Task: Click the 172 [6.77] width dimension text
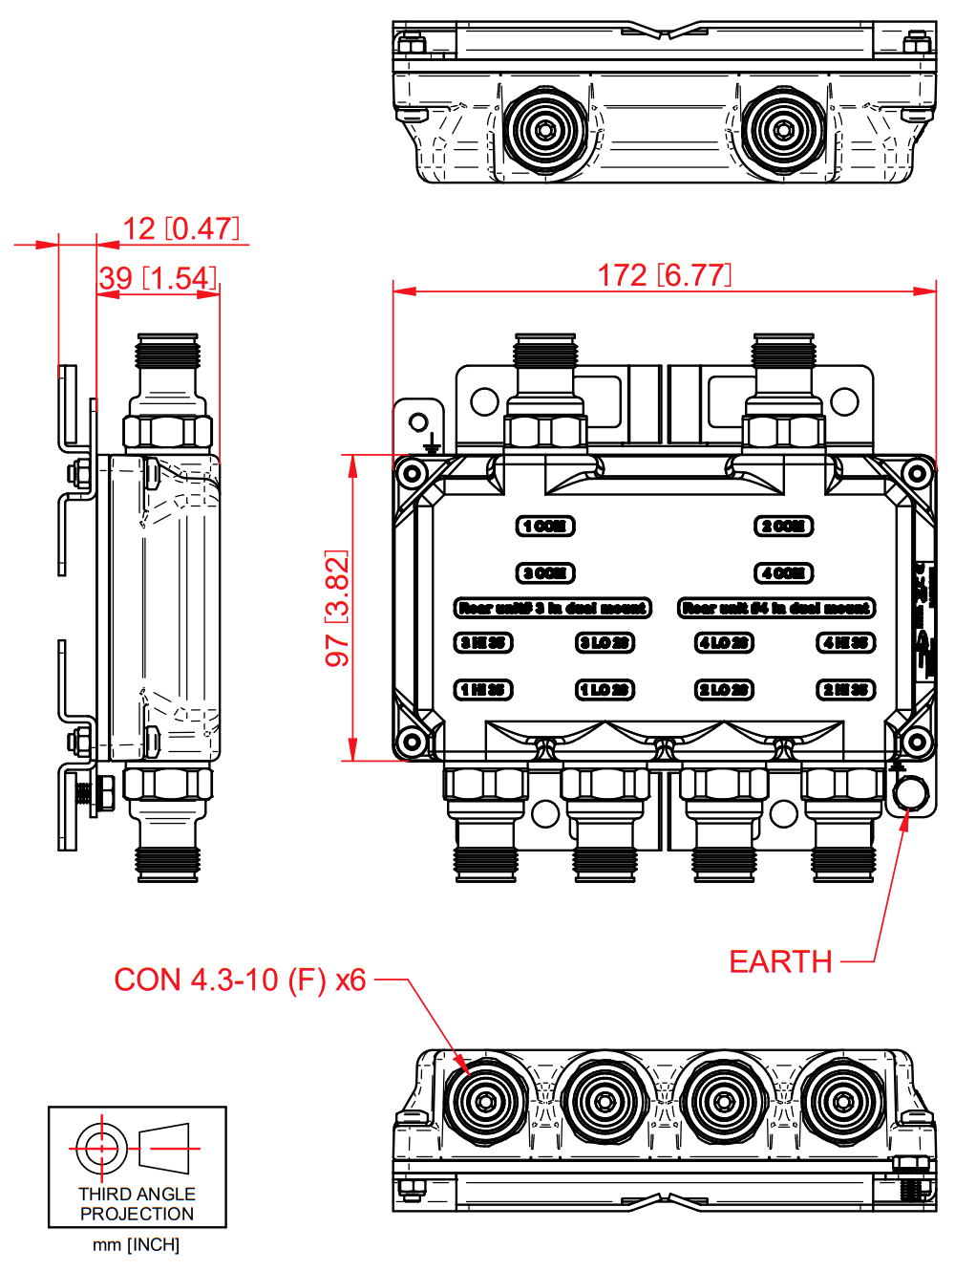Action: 665,275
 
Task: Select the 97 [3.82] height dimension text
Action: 337,608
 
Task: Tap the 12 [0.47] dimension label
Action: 180,228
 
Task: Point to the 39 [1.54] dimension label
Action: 158,278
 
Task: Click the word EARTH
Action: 780,961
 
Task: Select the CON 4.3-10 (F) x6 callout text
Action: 240,980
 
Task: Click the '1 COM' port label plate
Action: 545,526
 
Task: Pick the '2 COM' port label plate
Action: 783,526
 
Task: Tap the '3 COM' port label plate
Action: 545,572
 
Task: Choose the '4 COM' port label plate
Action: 783,572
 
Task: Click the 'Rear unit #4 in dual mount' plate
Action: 776,608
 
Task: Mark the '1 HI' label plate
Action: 483,689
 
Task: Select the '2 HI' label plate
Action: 845,689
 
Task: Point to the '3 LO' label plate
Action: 605,642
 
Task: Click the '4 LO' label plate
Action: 724,642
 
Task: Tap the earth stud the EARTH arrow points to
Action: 909,793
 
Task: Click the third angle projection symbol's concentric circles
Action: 101,1148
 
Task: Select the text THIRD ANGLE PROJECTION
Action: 137,1203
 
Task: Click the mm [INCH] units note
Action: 136,1244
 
